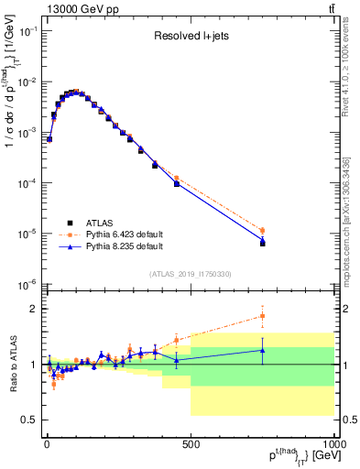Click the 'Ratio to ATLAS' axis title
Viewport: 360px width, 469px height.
tap(12, 365)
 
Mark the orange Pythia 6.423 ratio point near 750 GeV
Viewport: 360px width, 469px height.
tap(263, 316)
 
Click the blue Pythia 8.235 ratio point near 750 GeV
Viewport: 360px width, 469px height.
tap(263, 350)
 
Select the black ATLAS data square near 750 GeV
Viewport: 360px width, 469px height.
tap(263, 244)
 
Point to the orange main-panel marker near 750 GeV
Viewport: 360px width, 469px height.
tap(263, 231)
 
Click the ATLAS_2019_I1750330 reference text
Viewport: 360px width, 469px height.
tap(191, 274)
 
